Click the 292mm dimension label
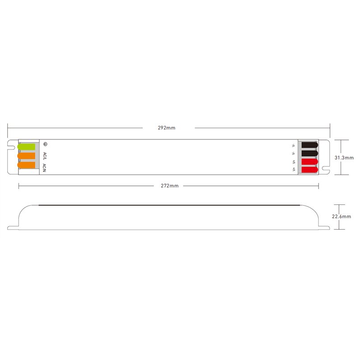pyautogui.click(x=167, y=128)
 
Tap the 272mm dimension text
pyautogui.click(x=170, y=186)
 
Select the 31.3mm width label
pyautogui.click(x=344, y=157)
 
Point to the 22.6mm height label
pyautogui.click(x=342, y=217)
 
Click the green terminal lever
pyautogui.click(x=26, y=147)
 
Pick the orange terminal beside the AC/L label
pyautogui.click(x=26, y=156)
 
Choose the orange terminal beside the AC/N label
pyautogui.click(x=26, y=165)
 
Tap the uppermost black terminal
pyautogui.click(x=310, y=145)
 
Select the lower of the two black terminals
pyautogui.click(x=310, y=153)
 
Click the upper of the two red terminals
pyautogui.click(x=310, y=162)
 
